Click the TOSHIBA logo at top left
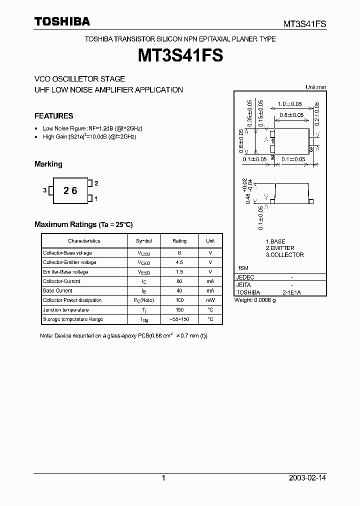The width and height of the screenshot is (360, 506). click(x=62, y=21)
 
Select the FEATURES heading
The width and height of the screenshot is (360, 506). click(x=53, y=116)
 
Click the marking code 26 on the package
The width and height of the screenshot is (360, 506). click(x=70, y=190)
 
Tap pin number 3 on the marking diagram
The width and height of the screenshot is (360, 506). click(x=45, y=190)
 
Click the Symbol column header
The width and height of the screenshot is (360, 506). click(x=143, y=241)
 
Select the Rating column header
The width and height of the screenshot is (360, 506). click(x=179, y=241)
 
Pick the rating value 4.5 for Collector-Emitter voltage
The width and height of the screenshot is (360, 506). click(x=179, y=262)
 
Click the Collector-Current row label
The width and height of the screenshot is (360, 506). click(x=61, y=281)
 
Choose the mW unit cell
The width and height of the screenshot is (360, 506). click(x=210, y=300)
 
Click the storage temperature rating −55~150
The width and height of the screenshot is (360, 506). click(x=179, y=319)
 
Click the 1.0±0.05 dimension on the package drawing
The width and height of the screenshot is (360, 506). click(x=290, y=104)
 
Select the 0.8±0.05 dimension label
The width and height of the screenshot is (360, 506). click(x=292, y=115)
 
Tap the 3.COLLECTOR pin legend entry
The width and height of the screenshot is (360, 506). click(x=284, y=255)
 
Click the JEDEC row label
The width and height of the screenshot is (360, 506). click(x=245, y=277)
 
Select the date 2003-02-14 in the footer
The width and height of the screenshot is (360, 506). click(x=307, y=478)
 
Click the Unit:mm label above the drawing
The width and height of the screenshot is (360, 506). click(x=315, y=87)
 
